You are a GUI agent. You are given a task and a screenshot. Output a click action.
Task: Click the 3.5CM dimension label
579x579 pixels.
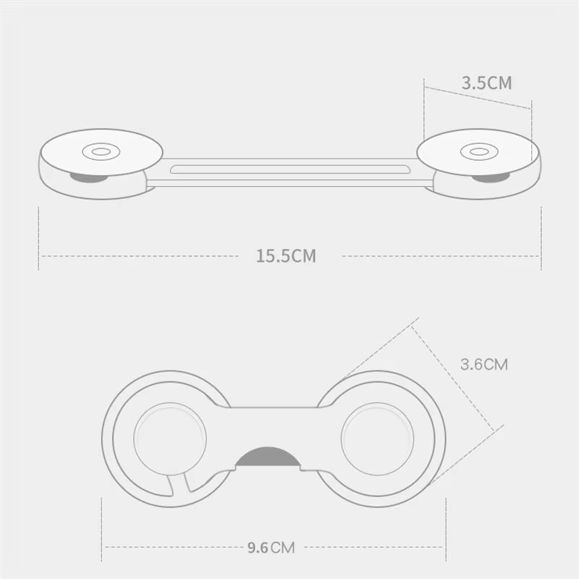(486, 83)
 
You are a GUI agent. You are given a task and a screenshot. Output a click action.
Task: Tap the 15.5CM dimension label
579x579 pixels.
(286, 255)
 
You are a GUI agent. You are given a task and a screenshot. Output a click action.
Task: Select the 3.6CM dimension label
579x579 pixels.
(484, 364)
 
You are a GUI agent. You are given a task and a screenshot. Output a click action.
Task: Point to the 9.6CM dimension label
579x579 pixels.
(271, 547)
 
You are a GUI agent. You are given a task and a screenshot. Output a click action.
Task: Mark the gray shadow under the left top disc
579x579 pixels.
(88, 177)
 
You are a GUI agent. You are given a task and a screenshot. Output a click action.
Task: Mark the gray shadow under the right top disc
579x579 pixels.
(489, 177)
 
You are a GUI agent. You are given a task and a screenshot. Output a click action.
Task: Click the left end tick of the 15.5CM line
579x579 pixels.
(38, 239)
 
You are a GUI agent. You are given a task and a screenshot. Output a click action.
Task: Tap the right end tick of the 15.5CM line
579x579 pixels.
(541, 239)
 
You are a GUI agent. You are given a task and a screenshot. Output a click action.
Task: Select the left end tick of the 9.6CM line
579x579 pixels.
(102, 528)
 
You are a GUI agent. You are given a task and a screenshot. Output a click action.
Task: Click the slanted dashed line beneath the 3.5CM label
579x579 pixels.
(478, 98)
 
